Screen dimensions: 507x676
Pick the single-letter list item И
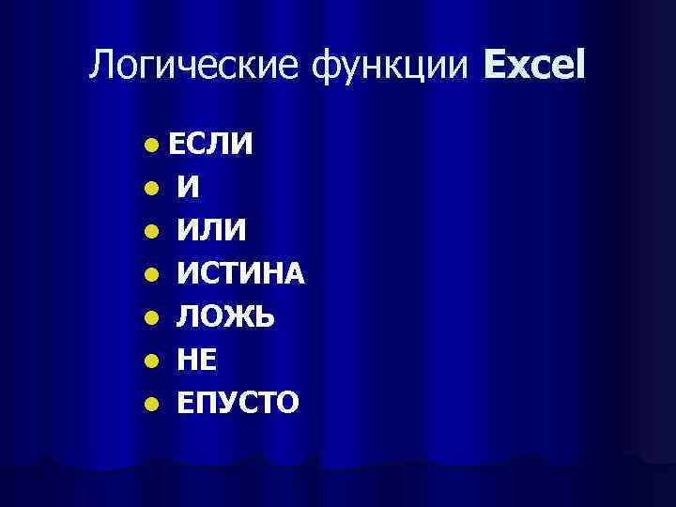tap(189, 188)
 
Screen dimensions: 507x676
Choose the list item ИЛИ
tap(212, 231)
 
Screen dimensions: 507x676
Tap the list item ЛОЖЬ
tap(226, 317)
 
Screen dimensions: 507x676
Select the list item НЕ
tap(198, 361)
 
